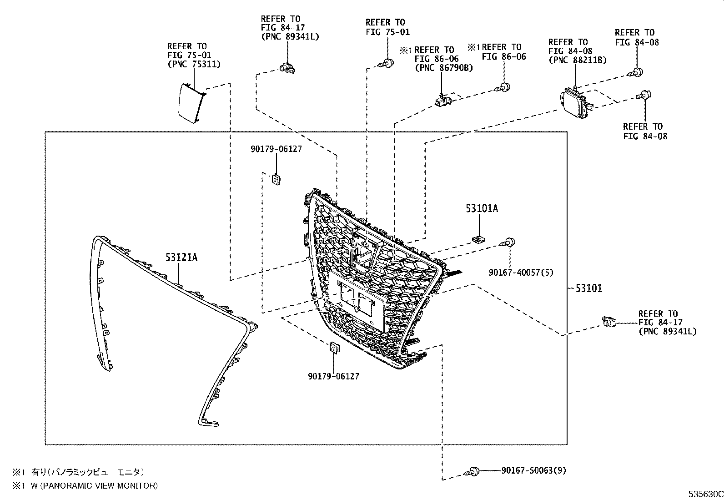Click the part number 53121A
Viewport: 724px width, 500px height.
pyautogui.click(x=181, y=258)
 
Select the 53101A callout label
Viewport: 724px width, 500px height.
pyautogui.click(x=482, y=209)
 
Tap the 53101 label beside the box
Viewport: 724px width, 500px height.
pyautogui.click(x=588, y=288)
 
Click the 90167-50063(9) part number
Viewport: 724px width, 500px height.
pyautogui.click(x=534, y=470)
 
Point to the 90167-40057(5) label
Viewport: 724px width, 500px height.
pyautogui.click(x=521, y=273)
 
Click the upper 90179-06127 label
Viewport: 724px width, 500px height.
pyautogui.click(x=276, y=149)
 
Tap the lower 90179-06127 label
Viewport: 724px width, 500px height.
pyautogui.click(x=333, y=376)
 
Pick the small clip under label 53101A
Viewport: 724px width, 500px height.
pyautogui.click(x=478, y=239)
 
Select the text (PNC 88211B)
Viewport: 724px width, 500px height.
pyautogui.click(x=577, y=60)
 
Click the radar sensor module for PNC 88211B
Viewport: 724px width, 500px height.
pyautogui.click(x=575, y=101)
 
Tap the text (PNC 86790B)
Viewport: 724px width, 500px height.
pyautogui.click(x=443, y=68)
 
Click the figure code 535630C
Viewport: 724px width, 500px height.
pyautogui.click(x=705, y=494)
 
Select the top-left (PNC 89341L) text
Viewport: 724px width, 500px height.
pyautogui.click(x=290, y=37)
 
